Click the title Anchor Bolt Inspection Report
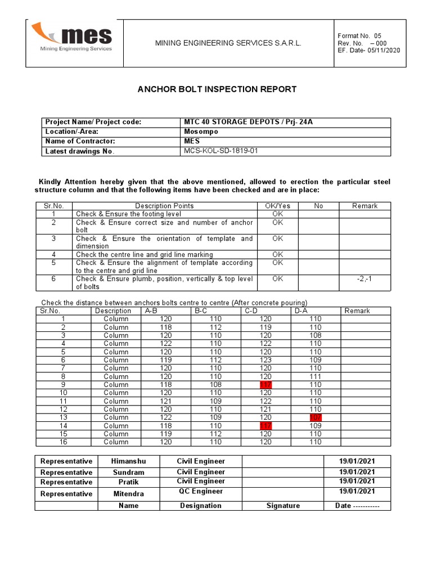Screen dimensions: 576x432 click(217, 89)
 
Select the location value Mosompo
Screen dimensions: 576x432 click(201, 132)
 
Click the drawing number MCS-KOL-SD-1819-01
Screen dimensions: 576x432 click(222, 151)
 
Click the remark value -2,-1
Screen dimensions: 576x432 click(364, 278)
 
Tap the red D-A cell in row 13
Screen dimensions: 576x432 click(315, 417)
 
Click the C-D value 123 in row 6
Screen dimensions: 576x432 click(265, 360)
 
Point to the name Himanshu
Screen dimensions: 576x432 click(129, 461)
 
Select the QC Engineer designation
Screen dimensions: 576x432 click(200, 492)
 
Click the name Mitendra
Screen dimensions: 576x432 click(129, 494)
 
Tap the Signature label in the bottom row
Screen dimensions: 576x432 click(283, 506)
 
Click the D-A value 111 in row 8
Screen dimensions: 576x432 click(315, 376)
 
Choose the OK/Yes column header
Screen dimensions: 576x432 click(277, 206)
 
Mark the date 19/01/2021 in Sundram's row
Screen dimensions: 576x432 click(357, 472)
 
